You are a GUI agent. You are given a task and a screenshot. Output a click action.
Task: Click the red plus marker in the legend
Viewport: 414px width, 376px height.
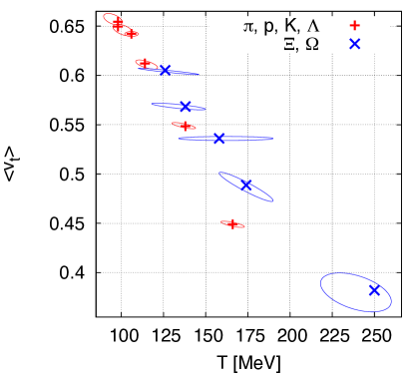(x=354, y=26)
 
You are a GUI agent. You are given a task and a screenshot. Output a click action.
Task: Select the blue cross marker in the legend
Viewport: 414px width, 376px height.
(x=354, y=44)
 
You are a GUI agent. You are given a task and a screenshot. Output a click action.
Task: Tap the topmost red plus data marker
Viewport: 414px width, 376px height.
(x=117, y=23)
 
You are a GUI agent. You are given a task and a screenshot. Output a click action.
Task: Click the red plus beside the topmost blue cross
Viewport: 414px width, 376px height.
(x=145, y=64)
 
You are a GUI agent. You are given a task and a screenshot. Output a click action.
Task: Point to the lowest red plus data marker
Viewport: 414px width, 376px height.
(x=232, y=224)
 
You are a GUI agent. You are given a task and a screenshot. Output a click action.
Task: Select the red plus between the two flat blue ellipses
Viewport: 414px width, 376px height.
(x=184, y=126)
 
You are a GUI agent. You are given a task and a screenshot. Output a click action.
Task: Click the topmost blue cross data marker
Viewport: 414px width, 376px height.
(x=166, y=71)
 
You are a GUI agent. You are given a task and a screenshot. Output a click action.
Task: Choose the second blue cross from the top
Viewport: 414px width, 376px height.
(x=185, y=107)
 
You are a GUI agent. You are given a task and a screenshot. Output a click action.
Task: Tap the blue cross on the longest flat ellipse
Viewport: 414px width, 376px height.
(x=219, y=139)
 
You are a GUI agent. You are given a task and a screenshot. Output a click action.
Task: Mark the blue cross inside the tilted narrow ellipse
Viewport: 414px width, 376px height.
(x=247, y=186)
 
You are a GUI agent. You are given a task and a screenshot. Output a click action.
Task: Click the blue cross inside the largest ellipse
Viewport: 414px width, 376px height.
(x=374, y=290)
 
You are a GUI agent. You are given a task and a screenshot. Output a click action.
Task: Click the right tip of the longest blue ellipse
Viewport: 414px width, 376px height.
(x=272, y=139)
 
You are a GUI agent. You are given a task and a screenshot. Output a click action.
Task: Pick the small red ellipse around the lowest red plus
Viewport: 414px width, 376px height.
(x=241, y=226)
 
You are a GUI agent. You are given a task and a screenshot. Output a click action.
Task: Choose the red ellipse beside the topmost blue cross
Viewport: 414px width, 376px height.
(x=138, y=61)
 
